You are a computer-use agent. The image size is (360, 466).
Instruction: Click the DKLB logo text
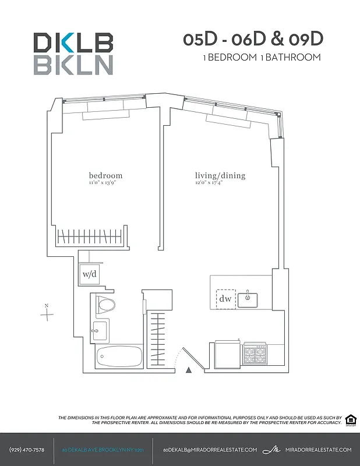(73, 43)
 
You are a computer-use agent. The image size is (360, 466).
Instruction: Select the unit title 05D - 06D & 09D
(252, 39)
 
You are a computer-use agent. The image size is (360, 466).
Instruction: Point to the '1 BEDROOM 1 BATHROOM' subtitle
(262, 57)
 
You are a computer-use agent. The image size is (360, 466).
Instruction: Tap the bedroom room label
(105, 175)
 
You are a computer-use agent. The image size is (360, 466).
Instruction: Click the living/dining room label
(220, 175)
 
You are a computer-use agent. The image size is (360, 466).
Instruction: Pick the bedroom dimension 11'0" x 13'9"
(105, 182)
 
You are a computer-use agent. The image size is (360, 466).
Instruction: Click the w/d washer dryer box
(89, 273)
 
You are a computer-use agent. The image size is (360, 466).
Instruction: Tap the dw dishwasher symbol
(225, 299)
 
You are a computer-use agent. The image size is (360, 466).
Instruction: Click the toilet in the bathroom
(105, 303)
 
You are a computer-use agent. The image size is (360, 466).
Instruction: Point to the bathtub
(119, 355)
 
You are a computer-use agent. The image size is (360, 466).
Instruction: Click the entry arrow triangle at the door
(188, 369)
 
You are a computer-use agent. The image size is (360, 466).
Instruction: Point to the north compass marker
(47, 313)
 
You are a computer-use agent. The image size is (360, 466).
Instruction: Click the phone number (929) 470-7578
(27, 450)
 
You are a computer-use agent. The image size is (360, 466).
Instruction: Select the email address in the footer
(210, 450)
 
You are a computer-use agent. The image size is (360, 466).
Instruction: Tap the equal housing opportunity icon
(351, 420)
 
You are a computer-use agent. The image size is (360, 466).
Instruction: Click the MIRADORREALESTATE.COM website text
(319, 450)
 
